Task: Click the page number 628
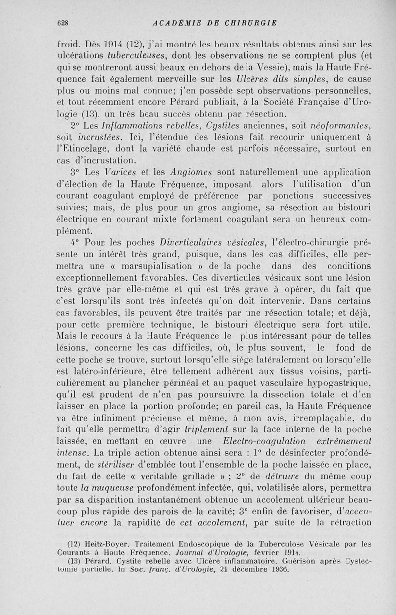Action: [x=62, y=22]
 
